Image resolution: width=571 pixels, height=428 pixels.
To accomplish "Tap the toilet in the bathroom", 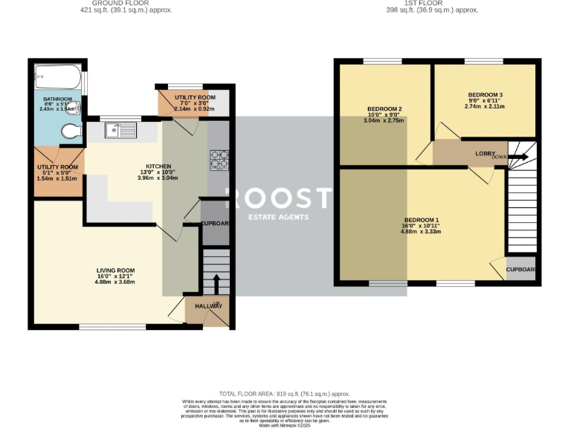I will tap(71, 132).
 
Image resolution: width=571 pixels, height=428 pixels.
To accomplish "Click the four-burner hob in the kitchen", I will tap(220, 158).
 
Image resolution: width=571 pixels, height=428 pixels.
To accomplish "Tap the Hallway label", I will tap(207, 305).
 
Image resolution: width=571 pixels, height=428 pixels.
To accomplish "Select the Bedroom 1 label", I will tap(422, 220).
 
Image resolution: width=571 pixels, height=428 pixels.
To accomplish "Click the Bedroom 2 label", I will tap(384, 108).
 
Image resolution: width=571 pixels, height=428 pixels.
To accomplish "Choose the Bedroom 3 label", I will tap(485, 95).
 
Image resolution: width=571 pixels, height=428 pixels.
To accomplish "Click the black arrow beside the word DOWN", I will tap(519, 157).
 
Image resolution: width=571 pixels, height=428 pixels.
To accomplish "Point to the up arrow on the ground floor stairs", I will tap(216, 283).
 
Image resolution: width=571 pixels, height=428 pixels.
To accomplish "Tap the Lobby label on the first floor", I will tap(486, 153).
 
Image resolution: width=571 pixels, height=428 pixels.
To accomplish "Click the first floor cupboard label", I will tap(520, 270).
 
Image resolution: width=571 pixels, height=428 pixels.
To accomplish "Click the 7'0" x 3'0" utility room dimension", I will tap(195, 103).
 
